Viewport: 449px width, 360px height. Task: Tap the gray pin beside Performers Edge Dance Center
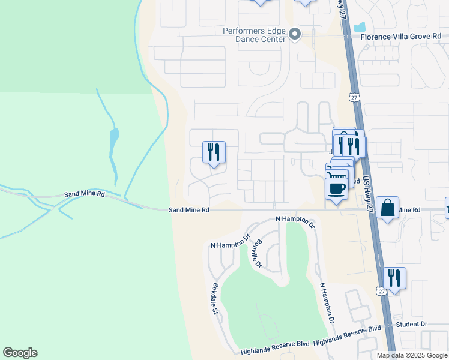[295, 34]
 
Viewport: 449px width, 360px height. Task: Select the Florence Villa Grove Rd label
[404, 36]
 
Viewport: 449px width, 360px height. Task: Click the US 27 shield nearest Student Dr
[382, 291]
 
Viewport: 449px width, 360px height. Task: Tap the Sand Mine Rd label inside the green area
[85, 195]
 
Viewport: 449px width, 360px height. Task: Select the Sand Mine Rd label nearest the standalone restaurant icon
[188, 210]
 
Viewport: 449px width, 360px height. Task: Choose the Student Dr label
[411, 324]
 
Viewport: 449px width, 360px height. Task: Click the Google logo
[20, 353]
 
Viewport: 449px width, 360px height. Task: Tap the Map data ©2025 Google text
[412, 355]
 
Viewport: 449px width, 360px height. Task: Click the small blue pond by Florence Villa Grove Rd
[360, 27]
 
